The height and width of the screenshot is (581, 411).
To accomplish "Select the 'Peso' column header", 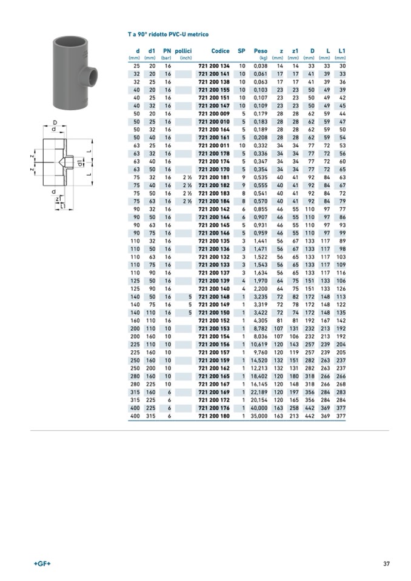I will point(260,51).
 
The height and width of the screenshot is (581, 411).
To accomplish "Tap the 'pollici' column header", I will point(183,51).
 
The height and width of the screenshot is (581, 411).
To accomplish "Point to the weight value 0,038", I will point(260,65).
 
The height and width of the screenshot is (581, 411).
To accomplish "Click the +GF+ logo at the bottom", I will point(42,564).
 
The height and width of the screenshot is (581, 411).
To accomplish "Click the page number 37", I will point(386,564).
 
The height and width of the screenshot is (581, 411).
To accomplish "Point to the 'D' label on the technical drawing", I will point(55,122).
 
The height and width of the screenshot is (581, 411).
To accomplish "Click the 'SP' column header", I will point(241,51).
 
